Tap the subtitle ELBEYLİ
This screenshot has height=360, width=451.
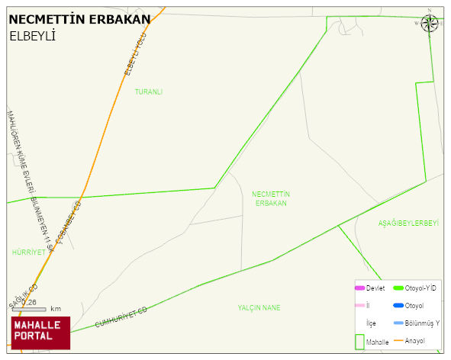(x=33, y=36)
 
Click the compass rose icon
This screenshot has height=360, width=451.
(x=430, y=22)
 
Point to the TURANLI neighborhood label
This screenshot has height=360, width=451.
(x=149, y=92)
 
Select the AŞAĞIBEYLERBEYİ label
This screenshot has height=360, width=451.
(x=409, y=223)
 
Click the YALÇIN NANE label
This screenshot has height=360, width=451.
(x=259, y=307)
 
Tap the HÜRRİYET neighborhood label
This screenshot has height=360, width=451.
(x=29, y=252)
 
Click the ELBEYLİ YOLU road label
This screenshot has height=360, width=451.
(x=134, y=54)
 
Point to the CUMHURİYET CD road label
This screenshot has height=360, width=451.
(x=121, y=318)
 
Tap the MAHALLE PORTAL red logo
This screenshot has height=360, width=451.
(x=40, y=332)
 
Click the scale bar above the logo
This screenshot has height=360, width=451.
(x=29, y=309)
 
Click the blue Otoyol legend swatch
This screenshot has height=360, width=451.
(x=398, y=306)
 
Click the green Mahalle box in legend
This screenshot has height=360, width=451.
(x=360, y=341)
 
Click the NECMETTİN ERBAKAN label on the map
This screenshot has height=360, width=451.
(x=271, y=198)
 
